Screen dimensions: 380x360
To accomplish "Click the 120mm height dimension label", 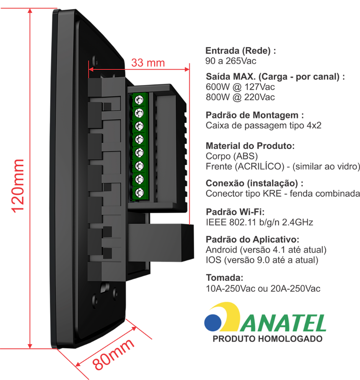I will coord(18,186).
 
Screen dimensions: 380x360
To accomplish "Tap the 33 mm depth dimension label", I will coord(148,63).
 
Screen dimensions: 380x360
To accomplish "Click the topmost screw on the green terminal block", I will coord(140,99).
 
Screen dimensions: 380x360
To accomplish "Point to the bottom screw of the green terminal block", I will coord(140,193).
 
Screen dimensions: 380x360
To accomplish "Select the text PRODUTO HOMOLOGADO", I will coord(267,339).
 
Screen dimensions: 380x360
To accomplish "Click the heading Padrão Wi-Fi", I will coord(235,212).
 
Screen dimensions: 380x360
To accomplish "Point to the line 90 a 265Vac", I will coord(231,61).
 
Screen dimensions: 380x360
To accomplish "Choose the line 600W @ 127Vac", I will coord(240,87).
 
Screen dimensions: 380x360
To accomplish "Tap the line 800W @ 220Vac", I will coord(240,97).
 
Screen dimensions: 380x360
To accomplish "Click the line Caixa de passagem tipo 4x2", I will coord(264,125).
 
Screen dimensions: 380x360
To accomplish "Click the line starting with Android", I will coord(266,250).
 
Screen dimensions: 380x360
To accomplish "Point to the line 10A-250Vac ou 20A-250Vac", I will coord(263,288).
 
